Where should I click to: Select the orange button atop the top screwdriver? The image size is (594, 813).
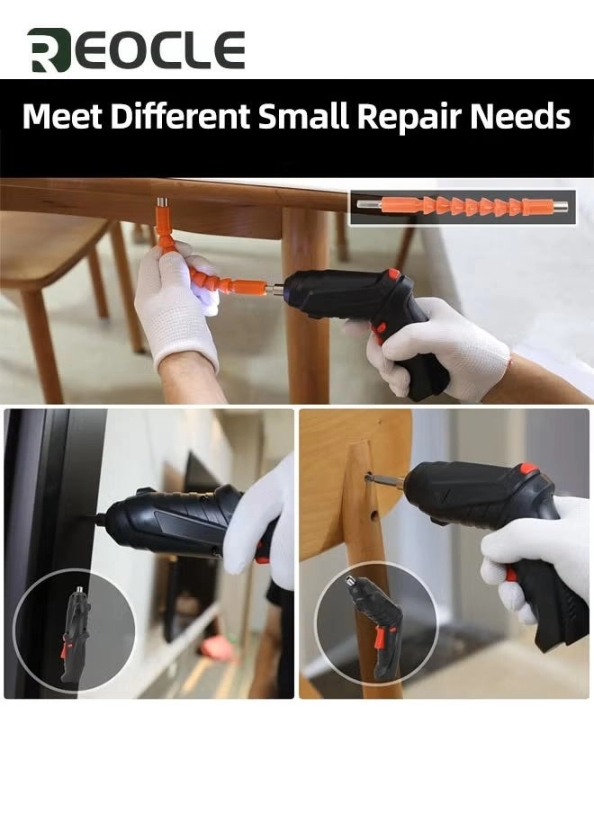tap(393, 273)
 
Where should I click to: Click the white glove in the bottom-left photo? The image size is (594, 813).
tap(261, 517)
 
